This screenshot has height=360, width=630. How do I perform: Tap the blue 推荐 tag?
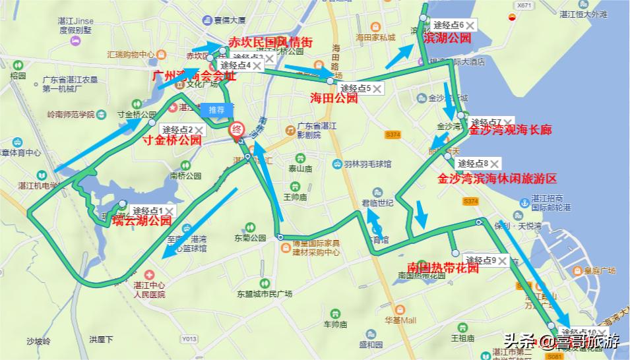(x=216, y=109)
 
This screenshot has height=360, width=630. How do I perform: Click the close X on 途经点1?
(x=170, y=210)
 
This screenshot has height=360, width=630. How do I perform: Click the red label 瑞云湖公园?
(x=142, y=221)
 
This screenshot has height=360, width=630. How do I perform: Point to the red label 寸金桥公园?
(x=172, y=140)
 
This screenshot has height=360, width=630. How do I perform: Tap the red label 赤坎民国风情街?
(x=270, y=42)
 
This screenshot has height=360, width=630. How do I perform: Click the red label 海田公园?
(x=334, y=98)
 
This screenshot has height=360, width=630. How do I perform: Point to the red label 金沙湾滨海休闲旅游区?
(x=497, y=179)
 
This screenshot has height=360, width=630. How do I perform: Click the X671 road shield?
(x=524, y=5)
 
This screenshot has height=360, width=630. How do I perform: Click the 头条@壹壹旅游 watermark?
(x=562, y=342)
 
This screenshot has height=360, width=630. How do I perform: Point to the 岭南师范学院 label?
(x=71, y=115)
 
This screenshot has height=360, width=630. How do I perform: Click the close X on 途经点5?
(x=377, y=88)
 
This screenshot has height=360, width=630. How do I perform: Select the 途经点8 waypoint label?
(x=473, y=164)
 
